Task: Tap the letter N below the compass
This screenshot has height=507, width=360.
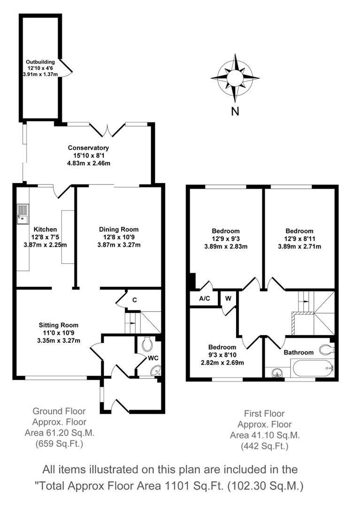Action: [235, 111]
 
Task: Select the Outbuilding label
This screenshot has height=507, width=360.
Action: [40, 61]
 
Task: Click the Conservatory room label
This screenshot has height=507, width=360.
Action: [88, 148]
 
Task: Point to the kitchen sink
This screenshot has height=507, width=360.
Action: [23, 215]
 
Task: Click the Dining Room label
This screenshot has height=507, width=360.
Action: [119, 229]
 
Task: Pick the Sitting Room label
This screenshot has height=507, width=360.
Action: [58, 325]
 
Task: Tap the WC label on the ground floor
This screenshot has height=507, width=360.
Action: [153, 358]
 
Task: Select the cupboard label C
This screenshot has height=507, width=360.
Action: [134, 300]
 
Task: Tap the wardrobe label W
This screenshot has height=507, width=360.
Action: [228, 298]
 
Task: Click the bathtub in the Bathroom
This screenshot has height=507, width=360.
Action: [312, 369]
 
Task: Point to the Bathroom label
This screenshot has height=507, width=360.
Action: [299, 352]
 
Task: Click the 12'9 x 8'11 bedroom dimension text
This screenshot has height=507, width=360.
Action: [299, 238]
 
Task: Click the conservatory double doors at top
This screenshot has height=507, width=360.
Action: [107, 127]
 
